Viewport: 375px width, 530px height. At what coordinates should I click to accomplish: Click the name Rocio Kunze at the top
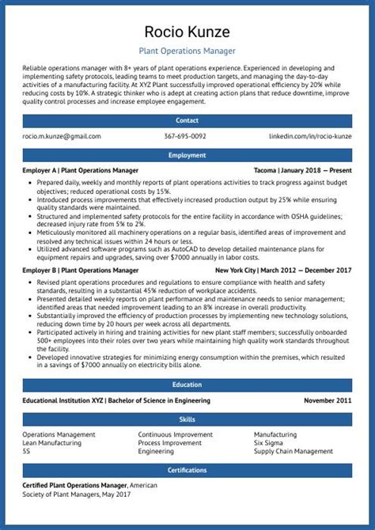click(x=187, y=32)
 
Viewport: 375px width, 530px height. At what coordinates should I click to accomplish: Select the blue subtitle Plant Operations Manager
click(x=187, y=51)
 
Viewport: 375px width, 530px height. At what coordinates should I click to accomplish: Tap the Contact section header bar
click(x=187, y=121)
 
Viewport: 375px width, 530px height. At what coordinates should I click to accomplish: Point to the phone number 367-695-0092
click(x=185, y=136)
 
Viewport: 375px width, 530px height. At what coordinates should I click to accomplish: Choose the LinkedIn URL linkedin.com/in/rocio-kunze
click(x=310, y=136)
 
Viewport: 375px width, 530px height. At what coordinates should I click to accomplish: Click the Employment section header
click(x=187, y=156)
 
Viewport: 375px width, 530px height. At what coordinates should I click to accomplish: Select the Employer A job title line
click(x=80, y=170)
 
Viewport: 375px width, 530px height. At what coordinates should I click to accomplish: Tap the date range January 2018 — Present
click(x=316, y=170)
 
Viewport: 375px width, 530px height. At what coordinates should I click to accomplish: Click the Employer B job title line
click(x=80, y=270)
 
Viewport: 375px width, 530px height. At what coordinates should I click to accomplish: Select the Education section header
click(x=187, y=385)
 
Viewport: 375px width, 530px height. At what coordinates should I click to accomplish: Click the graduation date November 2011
click(x=328, y=400)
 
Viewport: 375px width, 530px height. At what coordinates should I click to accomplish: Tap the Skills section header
click(x=187, y=419)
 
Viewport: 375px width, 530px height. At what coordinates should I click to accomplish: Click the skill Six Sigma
click(x=270, y=443)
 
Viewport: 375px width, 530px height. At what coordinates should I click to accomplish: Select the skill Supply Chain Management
click(x=293, y=452)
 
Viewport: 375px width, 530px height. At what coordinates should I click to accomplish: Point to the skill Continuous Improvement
click(x=175, y=434)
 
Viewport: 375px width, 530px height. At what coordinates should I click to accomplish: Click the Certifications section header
click(x=187, y=471)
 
